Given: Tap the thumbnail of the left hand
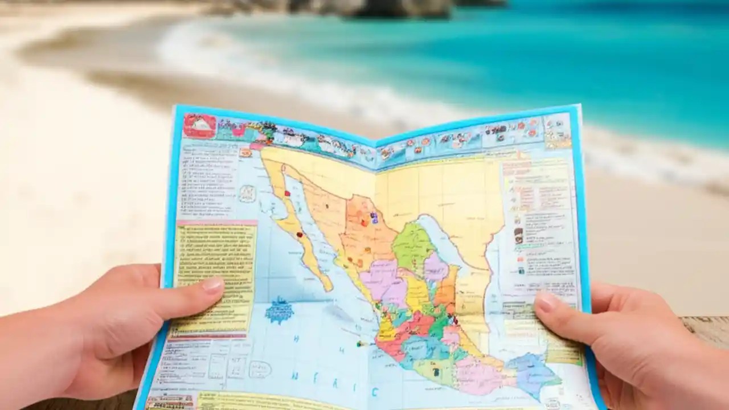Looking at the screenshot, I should [x=213, y=284].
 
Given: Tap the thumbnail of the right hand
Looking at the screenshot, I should [x=546, y=302].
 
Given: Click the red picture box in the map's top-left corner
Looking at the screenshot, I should [x=199, y=125].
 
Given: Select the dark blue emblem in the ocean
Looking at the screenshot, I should [x=279, y=311].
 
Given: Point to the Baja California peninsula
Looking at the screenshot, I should [x=296, y=228].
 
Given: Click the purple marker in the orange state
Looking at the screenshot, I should [x=374, y=217].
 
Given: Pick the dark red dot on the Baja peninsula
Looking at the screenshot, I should [x=299, y=234].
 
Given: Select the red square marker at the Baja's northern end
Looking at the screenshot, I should [x=288, y=194].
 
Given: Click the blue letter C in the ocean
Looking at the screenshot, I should [x=375, y=391].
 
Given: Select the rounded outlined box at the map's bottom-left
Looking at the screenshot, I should [x=260, y=369].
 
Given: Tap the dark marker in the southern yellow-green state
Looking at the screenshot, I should [x=436, y=372].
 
